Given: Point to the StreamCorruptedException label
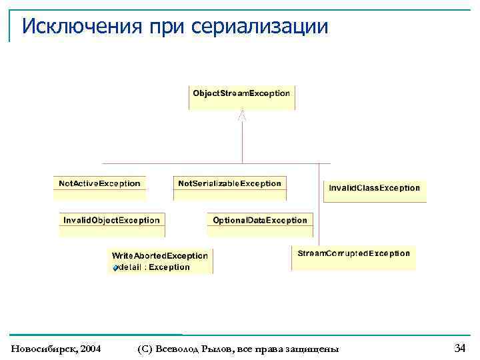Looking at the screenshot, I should point(353,253).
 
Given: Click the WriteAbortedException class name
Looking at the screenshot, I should point(159,255).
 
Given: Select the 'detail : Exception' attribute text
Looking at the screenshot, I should point(154,267).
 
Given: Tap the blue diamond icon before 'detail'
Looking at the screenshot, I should point(115,268).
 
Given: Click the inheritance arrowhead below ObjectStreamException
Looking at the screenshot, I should point(243,115).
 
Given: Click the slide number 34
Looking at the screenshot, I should point(459,347).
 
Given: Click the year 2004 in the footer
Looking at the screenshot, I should point(89,349).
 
